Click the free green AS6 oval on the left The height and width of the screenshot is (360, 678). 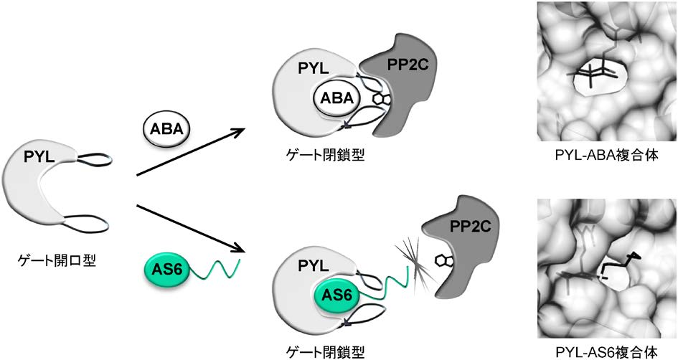(170, 270)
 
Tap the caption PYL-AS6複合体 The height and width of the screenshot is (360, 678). (605, 353)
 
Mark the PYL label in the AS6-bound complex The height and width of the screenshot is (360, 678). (311, 266)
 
